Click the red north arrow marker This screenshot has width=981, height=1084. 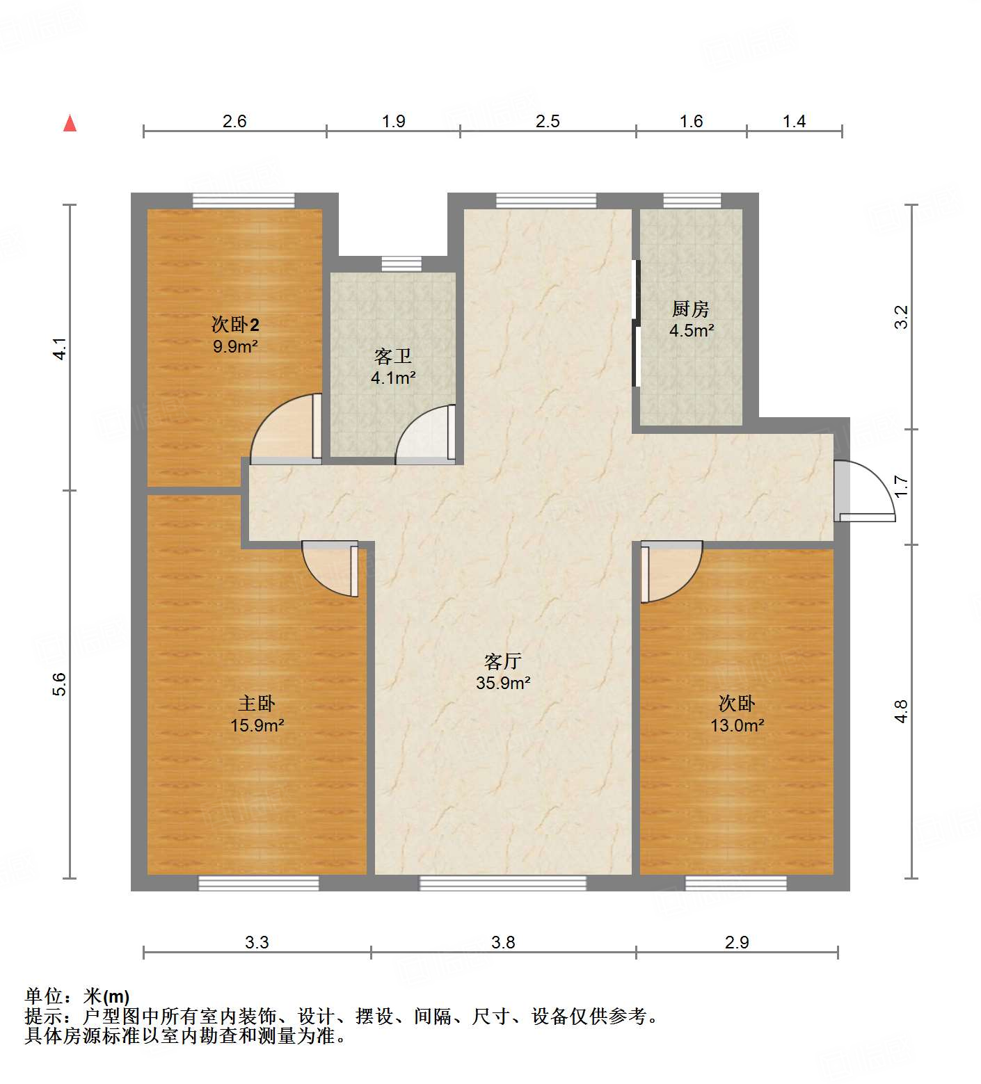click(70, 123)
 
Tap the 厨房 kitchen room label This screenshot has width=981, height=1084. click(690, 309)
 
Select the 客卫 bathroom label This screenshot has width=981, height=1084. click(393, 357)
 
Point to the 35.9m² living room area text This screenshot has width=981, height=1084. click(503, 683)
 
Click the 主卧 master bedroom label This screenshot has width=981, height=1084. click(257, 704)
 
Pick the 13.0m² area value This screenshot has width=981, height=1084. click(737, 725)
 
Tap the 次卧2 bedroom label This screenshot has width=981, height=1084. click(235, 325)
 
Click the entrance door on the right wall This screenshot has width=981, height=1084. click(866, 492)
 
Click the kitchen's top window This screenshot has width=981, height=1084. click(692, 201)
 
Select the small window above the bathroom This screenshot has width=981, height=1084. click(401, 264)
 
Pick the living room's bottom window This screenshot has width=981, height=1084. click(502, 883)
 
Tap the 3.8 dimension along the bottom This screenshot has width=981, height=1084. click(503, 942)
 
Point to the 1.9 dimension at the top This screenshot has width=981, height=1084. click(393, 121)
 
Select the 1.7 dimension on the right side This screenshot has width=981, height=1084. click(901, 486)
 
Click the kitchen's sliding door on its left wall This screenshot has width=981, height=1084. click(635, 323)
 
